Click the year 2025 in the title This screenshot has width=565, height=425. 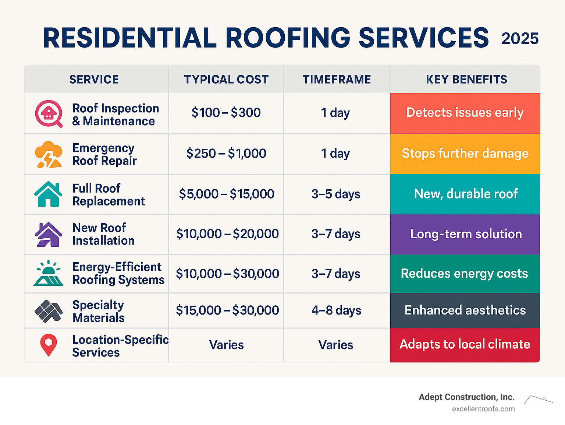[520, 39]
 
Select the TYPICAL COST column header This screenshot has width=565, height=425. [226, 80]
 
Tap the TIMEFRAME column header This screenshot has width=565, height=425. [337, 80]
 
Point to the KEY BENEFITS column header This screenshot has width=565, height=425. [466, 80]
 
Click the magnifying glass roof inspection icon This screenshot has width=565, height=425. [49, 113]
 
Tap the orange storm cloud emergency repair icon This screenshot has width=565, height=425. [48, 154]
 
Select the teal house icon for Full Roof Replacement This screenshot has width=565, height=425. [48, 194]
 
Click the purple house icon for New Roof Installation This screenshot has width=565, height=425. [48, 234]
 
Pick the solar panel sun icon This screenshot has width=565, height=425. [48, 274]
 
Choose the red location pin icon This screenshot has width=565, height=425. [48, 345]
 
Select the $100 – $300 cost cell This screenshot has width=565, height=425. [226, 113]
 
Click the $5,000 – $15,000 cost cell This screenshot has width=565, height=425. [227, 194]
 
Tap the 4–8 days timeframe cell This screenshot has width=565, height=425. [336, 310]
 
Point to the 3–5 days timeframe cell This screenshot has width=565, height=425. [336, 194]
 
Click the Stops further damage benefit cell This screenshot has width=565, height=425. [465, 154]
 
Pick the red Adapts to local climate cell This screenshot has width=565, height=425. [465, 344]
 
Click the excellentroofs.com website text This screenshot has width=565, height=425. [483, 409]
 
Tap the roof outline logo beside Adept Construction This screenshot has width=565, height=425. [538, 400]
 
